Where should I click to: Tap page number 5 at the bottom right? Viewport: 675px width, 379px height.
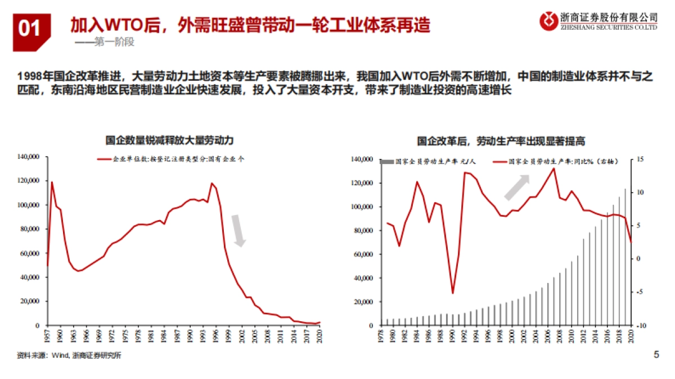(x=656, y=354)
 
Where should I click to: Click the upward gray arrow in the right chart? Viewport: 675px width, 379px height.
(x=516, y=188)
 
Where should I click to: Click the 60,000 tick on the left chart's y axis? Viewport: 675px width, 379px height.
(x=30, y=253)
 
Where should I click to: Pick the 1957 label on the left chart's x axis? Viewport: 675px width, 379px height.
(x=48, y=336)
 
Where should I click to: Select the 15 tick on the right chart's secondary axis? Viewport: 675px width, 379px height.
(x=640, y=160)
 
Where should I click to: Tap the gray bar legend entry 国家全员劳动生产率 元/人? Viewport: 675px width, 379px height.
(x=428, y=162)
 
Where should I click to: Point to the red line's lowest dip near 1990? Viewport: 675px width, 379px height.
(x=452, y=293)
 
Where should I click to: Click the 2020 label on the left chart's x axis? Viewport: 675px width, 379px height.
(x=319, y=336)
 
